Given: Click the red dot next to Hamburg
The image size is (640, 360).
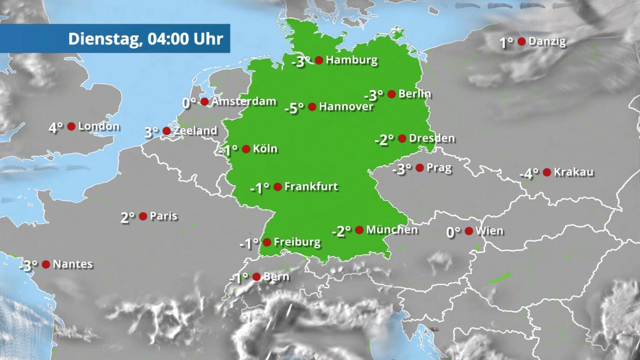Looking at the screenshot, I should point(319,60).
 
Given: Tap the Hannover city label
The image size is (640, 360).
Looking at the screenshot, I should point(346,106).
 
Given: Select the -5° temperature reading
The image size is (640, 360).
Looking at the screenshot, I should point(294,108).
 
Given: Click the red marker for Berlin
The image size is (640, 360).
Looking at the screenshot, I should point(392,94).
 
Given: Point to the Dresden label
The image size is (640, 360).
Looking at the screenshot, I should point(432,138).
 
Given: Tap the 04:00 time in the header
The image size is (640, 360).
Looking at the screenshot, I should point(168,39).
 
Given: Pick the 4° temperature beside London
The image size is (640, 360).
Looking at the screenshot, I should point(56,128).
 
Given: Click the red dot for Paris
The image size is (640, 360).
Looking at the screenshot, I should point(143,216).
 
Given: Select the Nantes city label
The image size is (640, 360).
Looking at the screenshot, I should point(73,264).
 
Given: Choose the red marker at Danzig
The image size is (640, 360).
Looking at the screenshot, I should point(521,41).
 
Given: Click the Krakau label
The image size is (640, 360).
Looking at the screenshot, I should point(573,172).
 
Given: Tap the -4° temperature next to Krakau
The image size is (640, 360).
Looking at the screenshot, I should point(529,174).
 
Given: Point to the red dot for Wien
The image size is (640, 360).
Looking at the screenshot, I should point(469,231).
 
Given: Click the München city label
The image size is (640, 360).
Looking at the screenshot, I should point(392,230).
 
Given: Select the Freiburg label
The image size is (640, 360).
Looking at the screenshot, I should point(297,242).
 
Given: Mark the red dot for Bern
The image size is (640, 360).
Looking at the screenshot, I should point(256,277).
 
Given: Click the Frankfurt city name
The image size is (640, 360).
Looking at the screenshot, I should point(311,186).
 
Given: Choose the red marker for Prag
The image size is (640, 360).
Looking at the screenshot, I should point(420,168).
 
